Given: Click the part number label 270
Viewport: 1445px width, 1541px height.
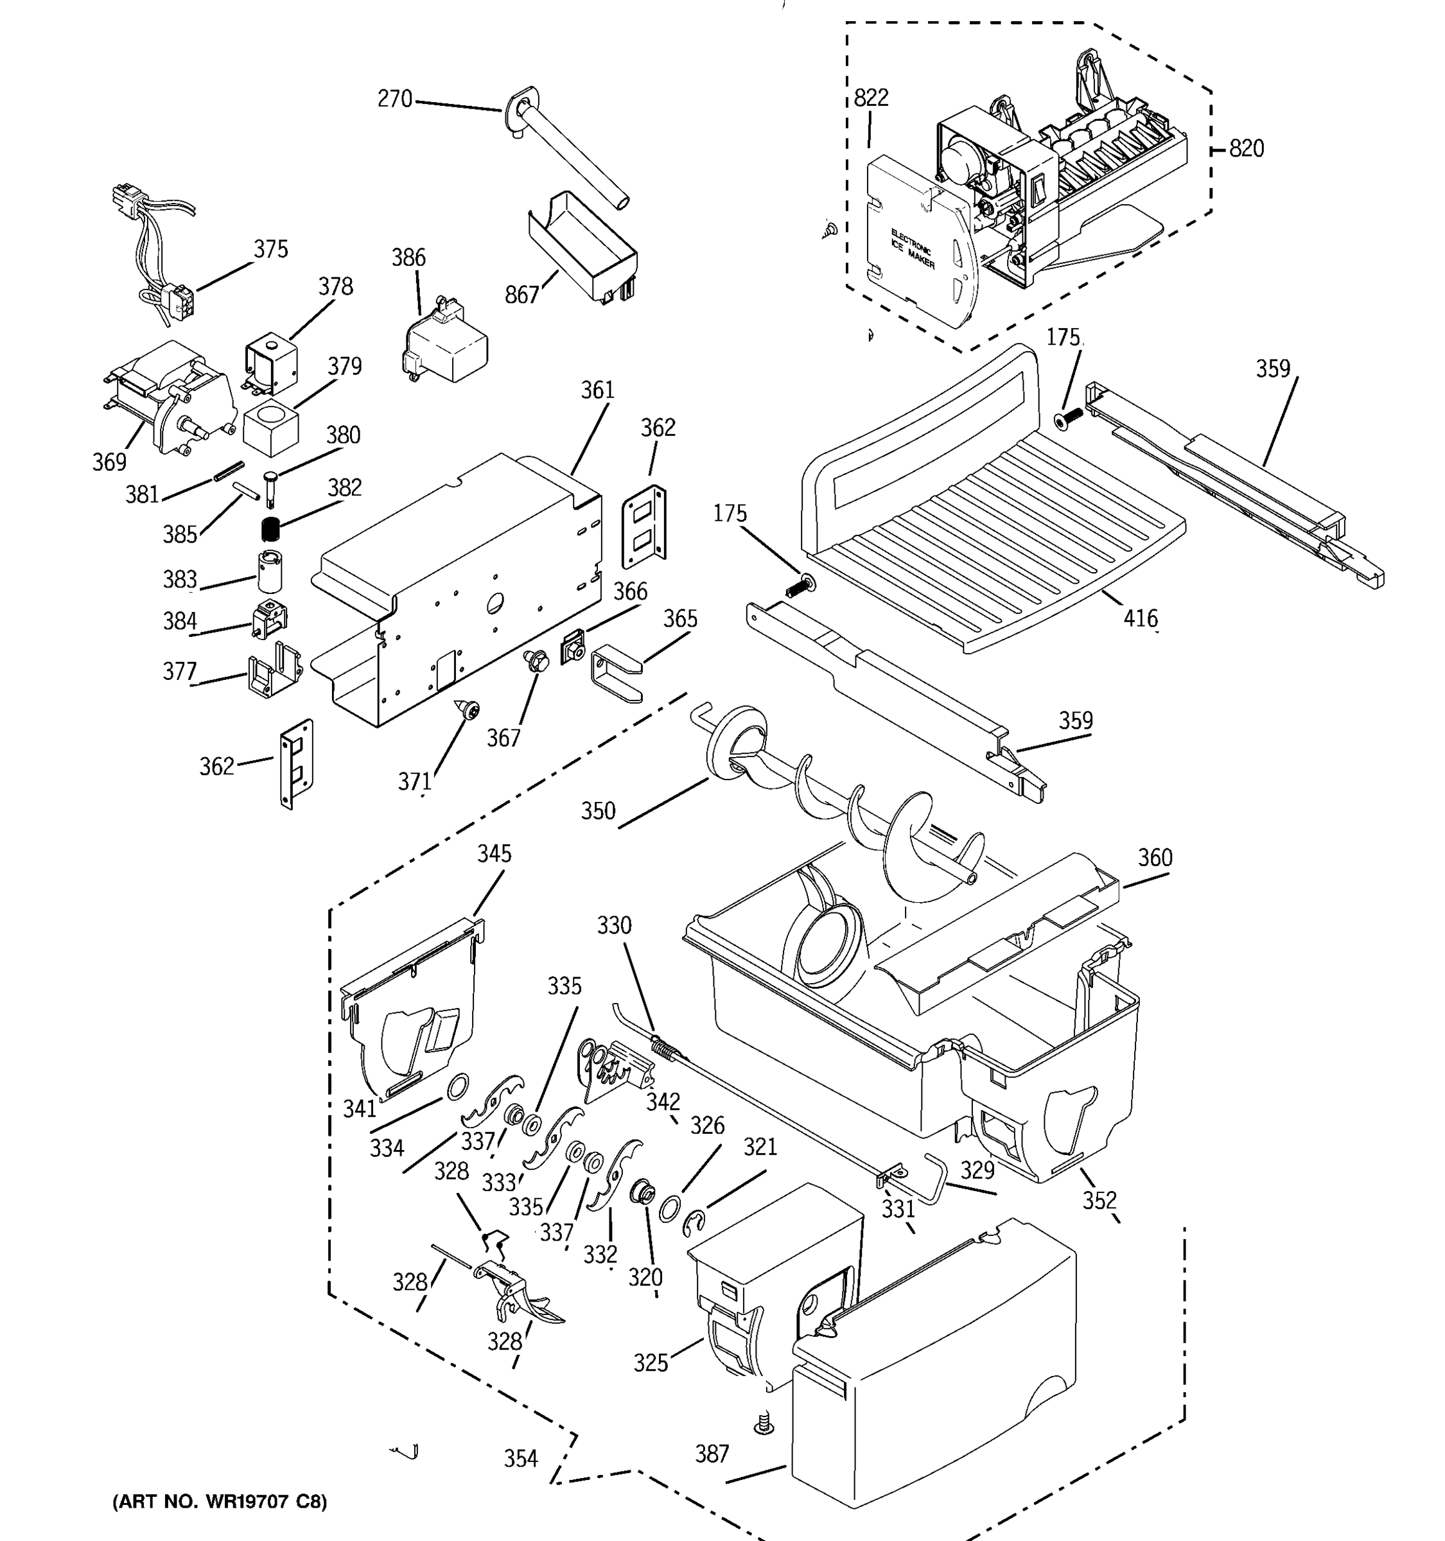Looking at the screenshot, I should [394, 100].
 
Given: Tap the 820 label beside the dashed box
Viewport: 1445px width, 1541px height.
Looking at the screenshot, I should [1247, 148].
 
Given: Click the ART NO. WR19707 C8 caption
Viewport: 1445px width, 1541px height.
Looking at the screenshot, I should [220, 1501].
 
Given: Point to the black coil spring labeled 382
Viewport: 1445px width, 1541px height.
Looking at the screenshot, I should [270, 530].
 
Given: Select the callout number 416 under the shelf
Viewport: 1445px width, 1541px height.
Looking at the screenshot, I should [1141, 618].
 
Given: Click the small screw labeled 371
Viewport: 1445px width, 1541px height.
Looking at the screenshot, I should [468, 708].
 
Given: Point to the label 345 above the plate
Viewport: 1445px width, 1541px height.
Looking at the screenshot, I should [494, 853].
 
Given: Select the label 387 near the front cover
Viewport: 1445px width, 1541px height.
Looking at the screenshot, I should [711, 1454].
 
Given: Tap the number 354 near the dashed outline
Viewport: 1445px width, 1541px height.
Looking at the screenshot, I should [520, 1459].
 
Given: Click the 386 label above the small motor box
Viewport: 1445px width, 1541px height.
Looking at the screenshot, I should [408, 257].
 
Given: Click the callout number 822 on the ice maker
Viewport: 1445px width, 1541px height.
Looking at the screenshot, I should [871, 98].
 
